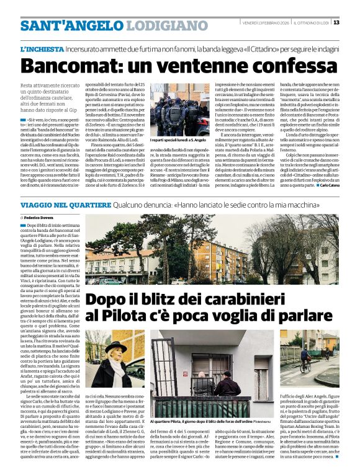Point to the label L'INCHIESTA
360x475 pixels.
point(42,48)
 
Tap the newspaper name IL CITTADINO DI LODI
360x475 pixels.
point(310,22)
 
